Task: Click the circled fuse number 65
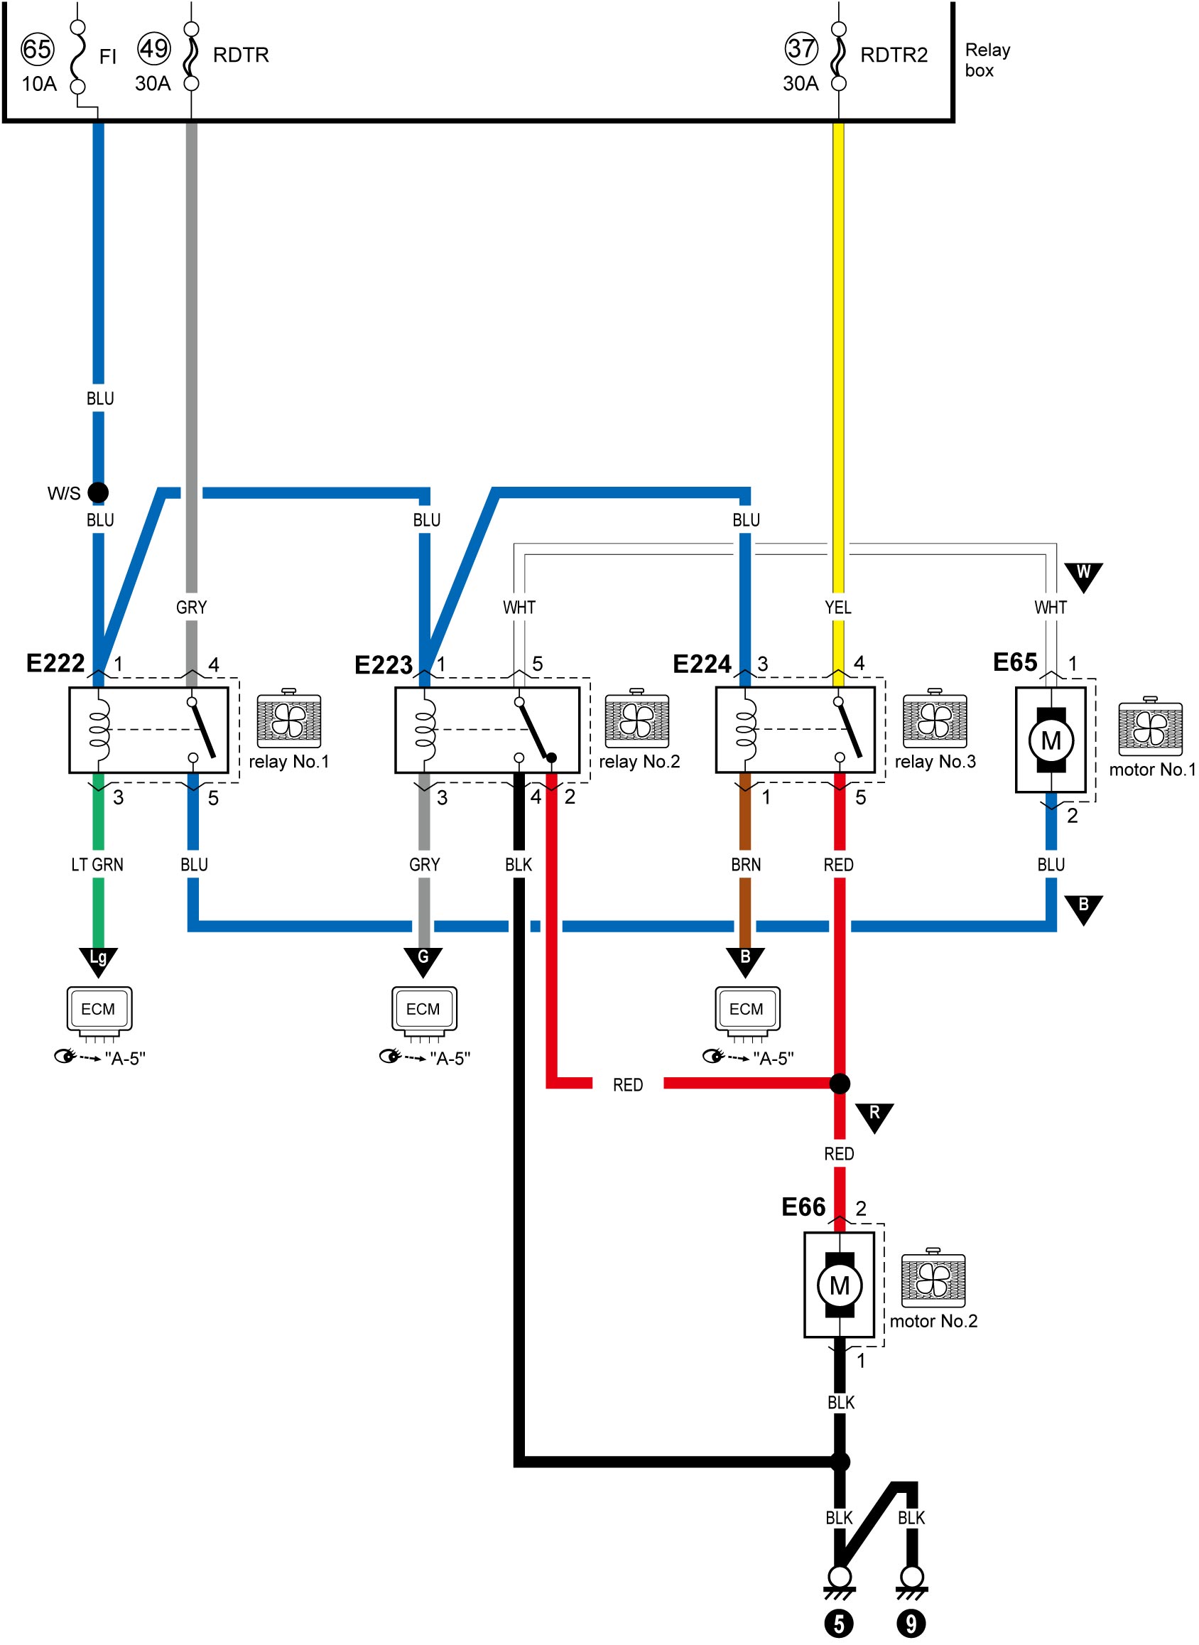[38, 49]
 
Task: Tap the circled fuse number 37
[801, 48]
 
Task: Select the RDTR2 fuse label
[894, 55]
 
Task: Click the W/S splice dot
[98, 493]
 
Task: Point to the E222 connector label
[55, 663]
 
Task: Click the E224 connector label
[702, 664]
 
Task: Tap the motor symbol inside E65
[1051, 740]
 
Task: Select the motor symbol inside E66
[840, 1285]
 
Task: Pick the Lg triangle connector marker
[98, 961]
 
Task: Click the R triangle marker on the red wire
[874, 1117]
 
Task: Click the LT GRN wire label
[97, 865]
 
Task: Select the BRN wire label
[746, 865]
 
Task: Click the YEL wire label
[838, 607]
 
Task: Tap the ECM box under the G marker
[424, 1009]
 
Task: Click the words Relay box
[987, 60]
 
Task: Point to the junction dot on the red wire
[840, 1084]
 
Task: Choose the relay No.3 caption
[935, 762]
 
